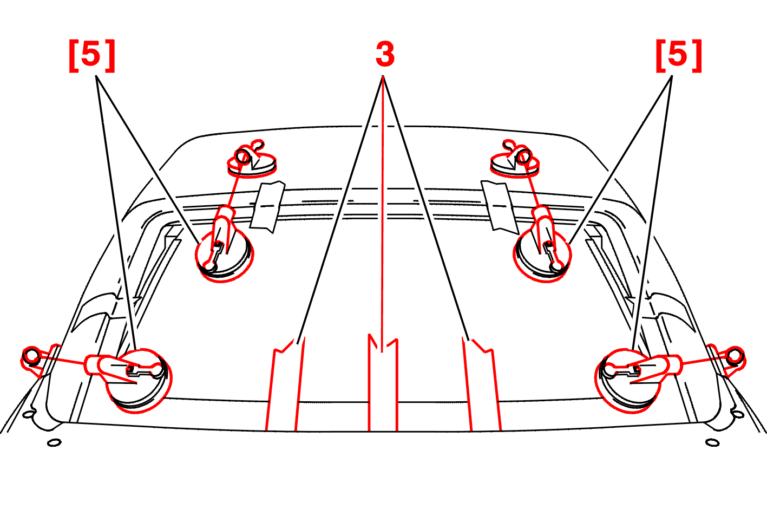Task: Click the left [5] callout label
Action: click(92, 55)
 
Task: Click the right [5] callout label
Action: click(678, 55)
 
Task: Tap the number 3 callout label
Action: click(385, 54)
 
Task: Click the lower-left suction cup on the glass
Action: click(139, 381)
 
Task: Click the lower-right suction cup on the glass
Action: click(628, 381)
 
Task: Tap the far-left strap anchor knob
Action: click(31, 356)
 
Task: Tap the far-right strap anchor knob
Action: click(735, 356)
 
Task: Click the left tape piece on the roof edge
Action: click(267, 207)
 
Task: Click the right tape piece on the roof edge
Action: click(500, 207)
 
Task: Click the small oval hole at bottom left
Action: click(54, 443)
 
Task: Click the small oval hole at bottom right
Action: click(712, 443)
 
